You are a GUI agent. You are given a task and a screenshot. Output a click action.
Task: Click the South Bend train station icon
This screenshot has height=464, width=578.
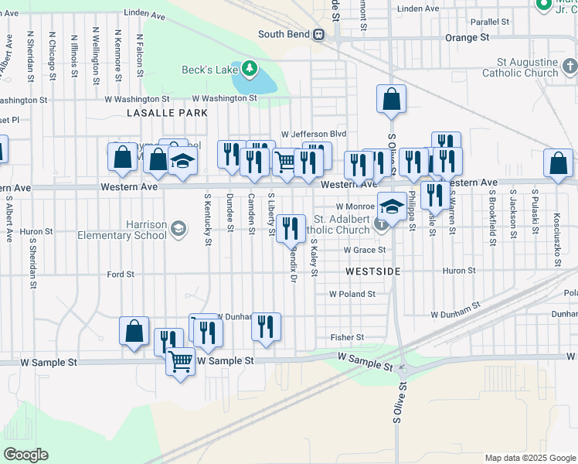click(318, 34)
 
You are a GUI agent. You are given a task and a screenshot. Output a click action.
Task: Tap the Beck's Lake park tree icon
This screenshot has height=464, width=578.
click(249, 70)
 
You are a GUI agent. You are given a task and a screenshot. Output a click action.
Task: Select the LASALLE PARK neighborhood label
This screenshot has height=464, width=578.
click(167, 113)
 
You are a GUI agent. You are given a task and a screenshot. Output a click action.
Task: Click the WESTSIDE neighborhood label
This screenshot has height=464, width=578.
click(373, 272)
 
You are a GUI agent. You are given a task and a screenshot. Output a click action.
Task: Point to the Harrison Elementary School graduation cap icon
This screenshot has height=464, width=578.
click(178, 227)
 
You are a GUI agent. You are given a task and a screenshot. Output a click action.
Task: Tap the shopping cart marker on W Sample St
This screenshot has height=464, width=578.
click(181, 360)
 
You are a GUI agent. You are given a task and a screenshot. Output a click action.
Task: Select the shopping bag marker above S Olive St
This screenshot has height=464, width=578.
click(392, 99)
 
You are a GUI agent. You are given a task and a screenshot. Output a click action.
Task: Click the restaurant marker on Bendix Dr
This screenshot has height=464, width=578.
click(291, 227)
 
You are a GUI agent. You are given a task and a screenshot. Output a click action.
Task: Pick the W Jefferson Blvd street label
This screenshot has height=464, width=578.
click(314, 134)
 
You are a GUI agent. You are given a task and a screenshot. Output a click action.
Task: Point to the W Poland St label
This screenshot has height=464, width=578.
click(352, 294)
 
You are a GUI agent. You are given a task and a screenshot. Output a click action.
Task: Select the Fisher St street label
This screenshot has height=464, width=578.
click(347, 337)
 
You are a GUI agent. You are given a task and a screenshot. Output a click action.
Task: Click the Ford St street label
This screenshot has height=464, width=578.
click(121, 275)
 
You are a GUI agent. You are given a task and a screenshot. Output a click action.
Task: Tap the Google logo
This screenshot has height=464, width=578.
click(25, 455)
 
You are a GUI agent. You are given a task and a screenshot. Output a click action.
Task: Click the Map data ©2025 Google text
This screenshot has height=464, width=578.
click(529, 458)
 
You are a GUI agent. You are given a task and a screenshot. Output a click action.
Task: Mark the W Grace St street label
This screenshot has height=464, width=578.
click(364, 251)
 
